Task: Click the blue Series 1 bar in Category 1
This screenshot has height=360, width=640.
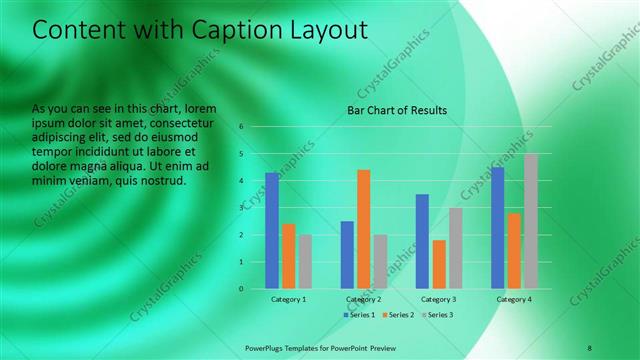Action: click(x=272, y=231)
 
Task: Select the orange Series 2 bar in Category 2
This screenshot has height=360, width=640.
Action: click(x=364, y=229)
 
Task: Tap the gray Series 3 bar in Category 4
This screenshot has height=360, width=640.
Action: click(x=531, y=221)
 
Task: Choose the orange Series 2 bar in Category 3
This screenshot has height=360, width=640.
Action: click(x=439, y=264)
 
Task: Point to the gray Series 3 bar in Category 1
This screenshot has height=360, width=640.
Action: click(x=305, y=262)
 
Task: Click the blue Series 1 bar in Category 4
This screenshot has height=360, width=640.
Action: click(x=498, y=228)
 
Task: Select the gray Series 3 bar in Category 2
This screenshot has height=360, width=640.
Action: click(x=380, y=262)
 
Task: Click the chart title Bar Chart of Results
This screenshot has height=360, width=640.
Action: click(x=397, y=110)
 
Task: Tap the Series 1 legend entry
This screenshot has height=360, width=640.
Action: click(x=361, y=315)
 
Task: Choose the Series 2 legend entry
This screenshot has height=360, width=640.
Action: click(x=397, y=315)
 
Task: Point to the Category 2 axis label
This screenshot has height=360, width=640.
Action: click(x=364, y=299)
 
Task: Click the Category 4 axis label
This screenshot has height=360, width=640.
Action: click(x=514, y=299)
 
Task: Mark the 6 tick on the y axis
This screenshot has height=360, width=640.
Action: click(x=241, y=127)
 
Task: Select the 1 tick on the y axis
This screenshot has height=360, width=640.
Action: click(x=241, y=262)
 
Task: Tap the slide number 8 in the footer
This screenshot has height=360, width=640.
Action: click(x=590, y=347)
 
